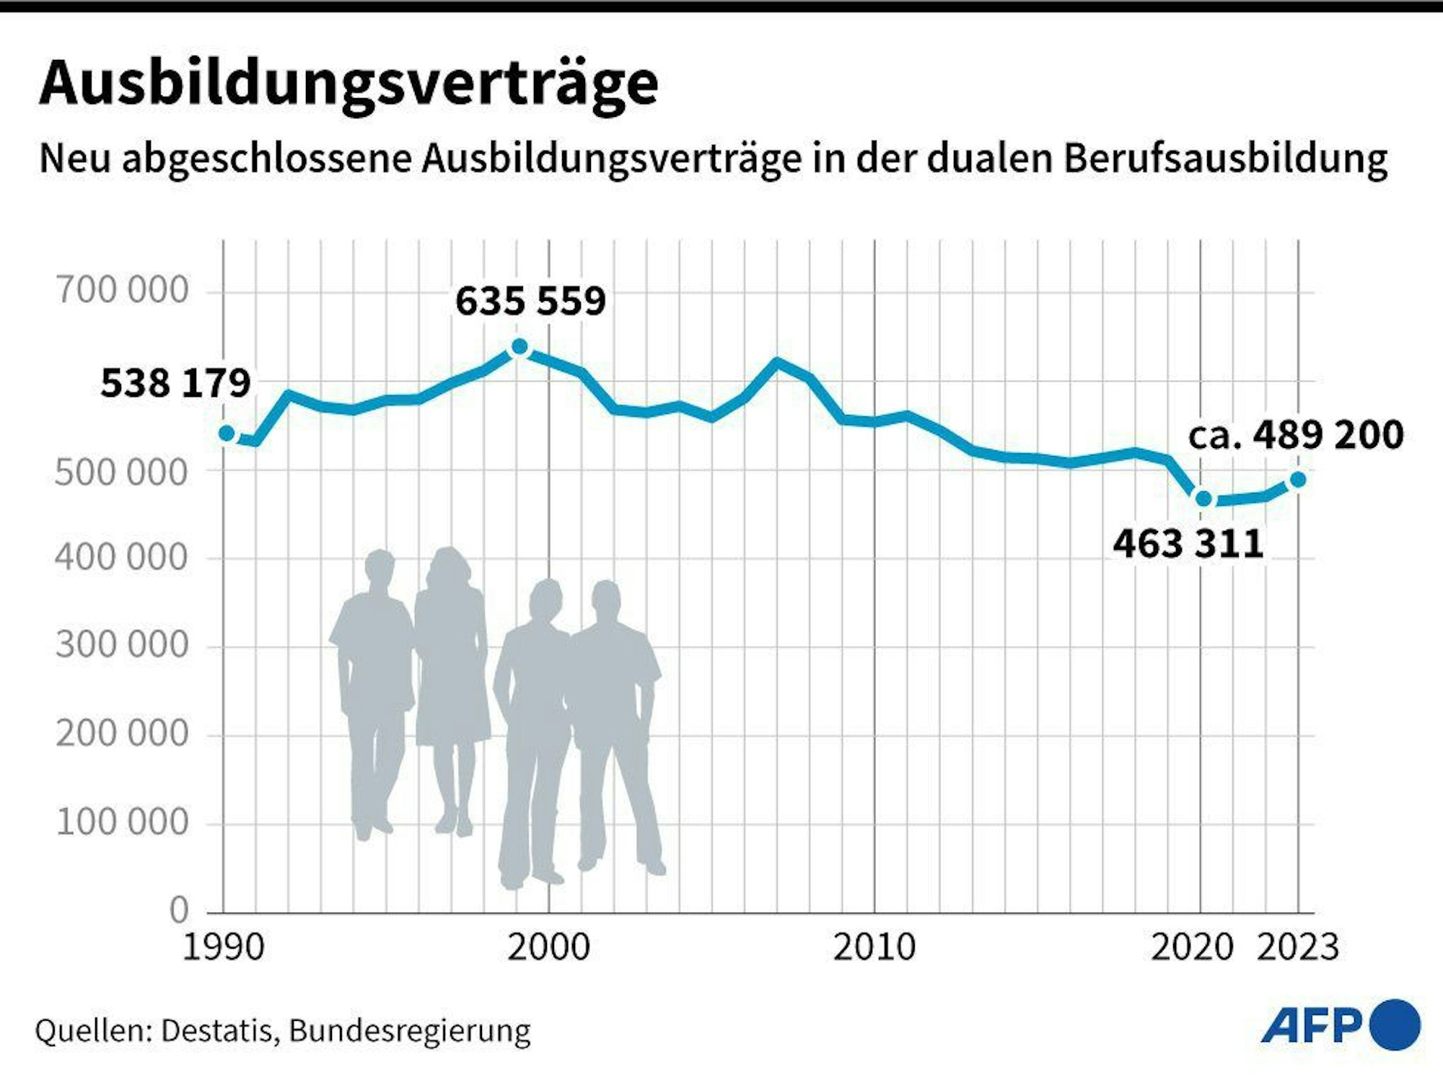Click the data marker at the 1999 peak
click(519, 348)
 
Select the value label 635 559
click(530, 302)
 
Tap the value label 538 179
click(175, 383)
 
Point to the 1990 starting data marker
click(227, 434)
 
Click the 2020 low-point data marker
click(1203, 499)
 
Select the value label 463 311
click(1188, 544)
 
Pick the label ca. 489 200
click(1296, 435)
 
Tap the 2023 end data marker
click(1297, 480)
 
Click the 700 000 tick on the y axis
click(122, 291)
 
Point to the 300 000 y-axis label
click(122, 645)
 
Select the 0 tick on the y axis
click(178, 911)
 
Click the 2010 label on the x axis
click(874, 948)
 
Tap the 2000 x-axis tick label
click(548, 948)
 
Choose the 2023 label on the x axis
click(1297, 948)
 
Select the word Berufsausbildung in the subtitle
click(1225, 159)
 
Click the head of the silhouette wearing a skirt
click(449, 567)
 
